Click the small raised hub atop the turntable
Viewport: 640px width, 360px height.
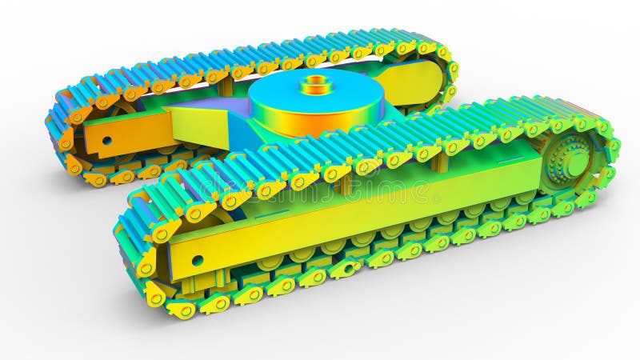(x=317, y=83)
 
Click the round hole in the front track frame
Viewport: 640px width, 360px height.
(x=197, y=260)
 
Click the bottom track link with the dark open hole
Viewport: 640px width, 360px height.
(x=346, y=269)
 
